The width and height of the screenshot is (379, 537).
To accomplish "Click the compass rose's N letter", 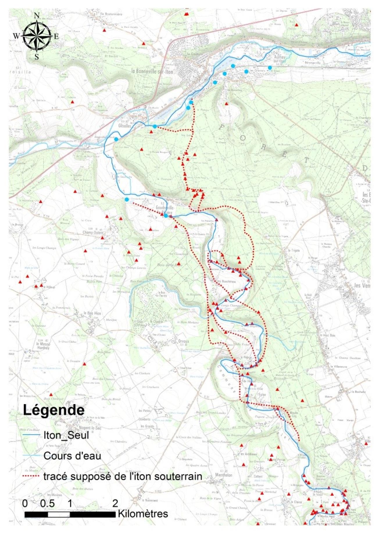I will point(37,16).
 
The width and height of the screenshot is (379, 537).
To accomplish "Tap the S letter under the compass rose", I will point(37,57).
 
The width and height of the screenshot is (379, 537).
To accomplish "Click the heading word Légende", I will point(54,410).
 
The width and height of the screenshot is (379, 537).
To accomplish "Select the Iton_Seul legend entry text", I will point(66,435).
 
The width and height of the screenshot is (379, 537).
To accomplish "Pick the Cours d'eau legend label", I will point(72,456).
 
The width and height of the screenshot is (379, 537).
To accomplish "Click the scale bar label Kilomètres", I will point(143,514).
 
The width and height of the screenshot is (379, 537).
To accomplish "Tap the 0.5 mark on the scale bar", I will point(47,503).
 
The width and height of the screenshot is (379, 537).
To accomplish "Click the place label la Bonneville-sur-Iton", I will point(152,71).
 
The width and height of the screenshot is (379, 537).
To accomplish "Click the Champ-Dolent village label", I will point(93,233).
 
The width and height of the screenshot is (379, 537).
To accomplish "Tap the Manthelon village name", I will point(224,475).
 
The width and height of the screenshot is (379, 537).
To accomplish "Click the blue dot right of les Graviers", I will point(270,68).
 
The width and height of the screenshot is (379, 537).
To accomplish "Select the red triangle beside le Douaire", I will point(85,364).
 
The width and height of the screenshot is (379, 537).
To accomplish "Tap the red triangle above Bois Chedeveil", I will point(51,395).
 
